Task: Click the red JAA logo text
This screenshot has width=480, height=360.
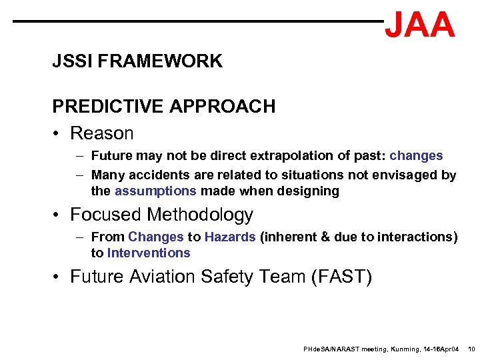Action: pos(419,25)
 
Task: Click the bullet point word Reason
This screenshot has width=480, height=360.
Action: pos(101,133)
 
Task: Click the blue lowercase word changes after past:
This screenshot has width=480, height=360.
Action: pos(416,156)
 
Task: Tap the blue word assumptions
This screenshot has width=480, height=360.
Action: pos(155,191)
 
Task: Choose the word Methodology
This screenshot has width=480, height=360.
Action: pos(200,215)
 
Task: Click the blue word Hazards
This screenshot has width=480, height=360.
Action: pos(230,237)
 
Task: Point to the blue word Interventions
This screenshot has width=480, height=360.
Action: pos(149,253)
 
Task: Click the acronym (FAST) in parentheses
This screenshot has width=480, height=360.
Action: pos(341,276)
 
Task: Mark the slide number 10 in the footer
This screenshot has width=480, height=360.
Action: pos(471,349)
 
